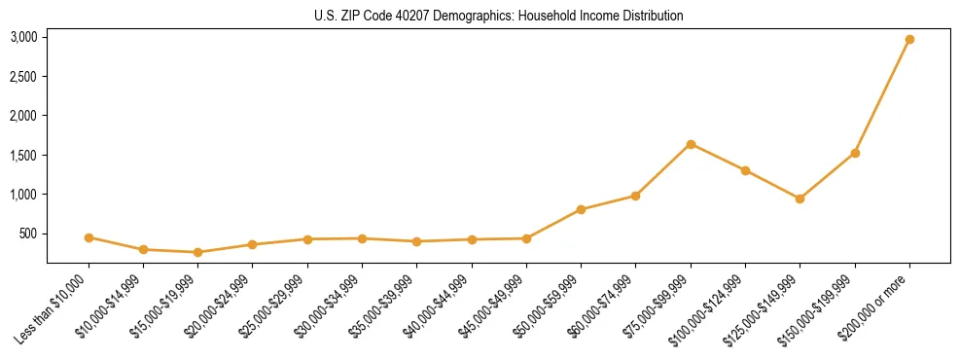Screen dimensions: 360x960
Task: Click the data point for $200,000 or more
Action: tap(909, 40)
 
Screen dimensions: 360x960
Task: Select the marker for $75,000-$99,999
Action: tap(691, 144)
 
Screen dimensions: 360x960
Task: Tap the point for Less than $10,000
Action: tap(89, 237)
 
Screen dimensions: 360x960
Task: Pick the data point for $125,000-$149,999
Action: tap(800, 198)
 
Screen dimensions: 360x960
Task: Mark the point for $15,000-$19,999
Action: tap(198, 252)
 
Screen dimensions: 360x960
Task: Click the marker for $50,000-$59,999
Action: tap(581, 209)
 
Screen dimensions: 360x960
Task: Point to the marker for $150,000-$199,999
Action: tap(855, 153)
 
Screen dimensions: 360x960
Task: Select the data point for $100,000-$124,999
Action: tap(745, 170)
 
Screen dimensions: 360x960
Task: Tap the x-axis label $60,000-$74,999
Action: tap(602, 306)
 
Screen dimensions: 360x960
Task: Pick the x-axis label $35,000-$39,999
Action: tap(383, 306)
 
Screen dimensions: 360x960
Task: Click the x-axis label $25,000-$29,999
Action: tap(273, 306)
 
